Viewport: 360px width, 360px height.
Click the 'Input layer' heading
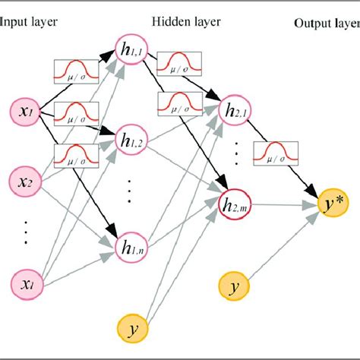pyautogui.click(x=28, y=24)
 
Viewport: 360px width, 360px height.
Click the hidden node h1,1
pyautogui.click(x=130, y=50)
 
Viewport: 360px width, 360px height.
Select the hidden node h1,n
pyautogui.click(x=129, y=245)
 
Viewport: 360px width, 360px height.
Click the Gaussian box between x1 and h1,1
pyautogui.click(x=74, y=72)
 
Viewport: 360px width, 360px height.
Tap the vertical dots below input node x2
pyautogui.click(x=27, y=230)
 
